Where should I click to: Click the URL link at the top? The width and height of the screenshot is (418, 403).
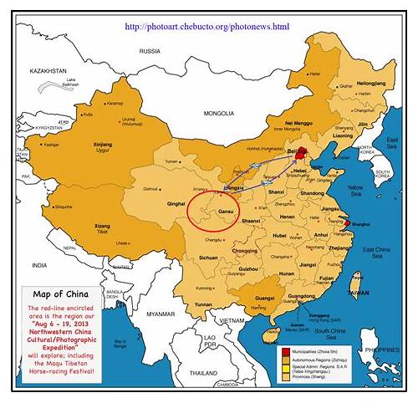pyautogui.click(x=206, y=27)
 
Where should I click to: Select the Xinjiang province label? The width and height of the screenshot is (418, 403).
pyautogui.click(x=102, y=145)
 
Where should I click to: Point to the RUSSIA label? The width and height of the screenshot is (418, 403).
pyautogui.click(x=150, y=51)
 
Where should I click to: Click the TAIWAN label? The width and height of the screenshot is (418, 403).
pyautogui.click(x=358, y=293)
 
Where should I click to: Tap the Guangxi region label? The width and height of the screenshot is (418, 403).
pyautogui.click(x=264, y=296)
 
